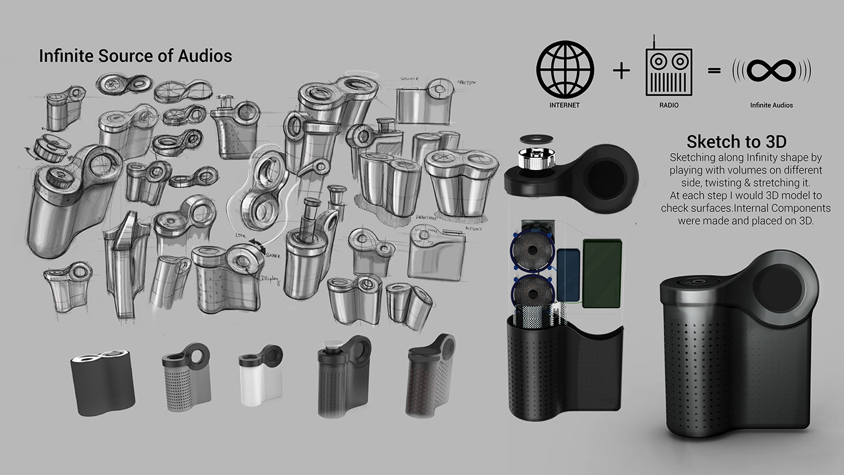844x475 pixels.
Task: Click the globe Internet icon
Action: tap(565, 69)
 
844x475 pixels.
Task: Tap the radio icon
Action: tap(669, 71)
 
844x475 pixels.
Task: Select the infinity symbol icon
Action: tap(771, 71)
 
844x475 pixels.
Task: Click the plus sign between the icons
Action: tap(621, 71)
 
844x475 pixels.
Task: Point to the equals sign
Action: tap(714, 71)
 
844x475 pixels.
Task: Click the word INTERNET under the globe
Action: tap(565, 105)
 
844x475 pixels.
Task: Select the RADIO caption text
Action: tap(669, 105)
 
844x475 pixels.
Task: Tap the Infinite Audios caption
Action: tap(771, 105)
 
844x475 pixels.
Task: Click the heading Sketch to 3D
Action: tap(736, 142)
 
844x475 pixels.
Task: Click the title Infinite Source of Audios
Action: tap(135, 56)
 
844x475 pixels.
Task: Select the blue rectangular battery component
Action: tap(568, 275)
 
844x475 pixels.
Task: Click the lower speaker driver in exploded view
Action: tap(532, 292)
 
